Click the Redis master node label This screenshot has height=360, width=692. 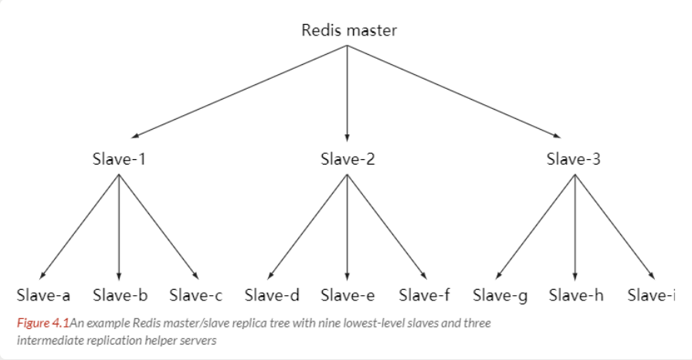(x=349, y=30)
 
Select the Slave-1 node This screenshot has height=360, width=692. (x=119, y=159)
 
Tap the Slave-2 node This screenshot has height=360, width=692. (x=348, y=159)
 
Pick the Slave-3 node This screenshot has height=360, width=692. (x=574, y=159)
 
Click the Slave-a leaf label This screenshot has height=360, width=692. (x=43, y=295)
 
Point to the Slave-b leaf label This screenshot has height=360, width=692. (x=120, y=295)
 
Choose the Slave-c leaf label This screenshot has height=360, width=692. (x=196, y=295)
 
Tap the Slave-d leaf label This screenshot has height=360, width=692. (x=272, y=295)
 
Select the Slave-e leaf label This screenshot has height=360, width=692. (x=348, y=295)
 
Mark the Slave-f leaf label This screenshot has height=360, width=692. (x=424, y=295)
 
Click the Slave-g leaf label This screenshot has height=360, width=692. (x=500, y=296)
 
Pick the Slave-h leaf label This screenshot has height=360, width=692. (x=576, y=295)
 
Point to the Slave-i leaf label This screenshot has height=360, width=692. (x=651, y=295)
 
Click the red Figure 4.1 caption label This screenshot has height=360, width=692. (x=43, y=324)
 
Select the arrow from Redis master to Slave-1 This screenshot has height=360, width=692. (x=239, y=92)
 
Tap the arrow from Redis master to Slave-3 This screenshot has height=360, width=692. (x=454, y=92)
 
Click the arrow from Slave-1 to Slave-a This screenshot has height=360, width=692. (x=80, y=227)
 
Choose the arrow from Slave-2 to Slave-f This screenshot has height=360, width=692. (x=387, y=227)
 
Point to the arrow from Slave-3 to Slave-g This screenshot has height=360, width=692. (x=535, y=227)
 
